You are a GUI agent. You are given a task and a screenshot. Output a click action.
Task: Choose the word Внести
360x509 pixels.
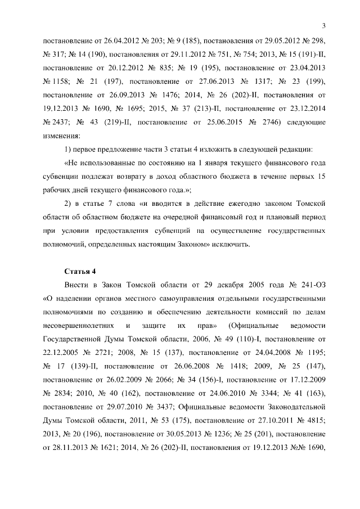click(x=80, y=285)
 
